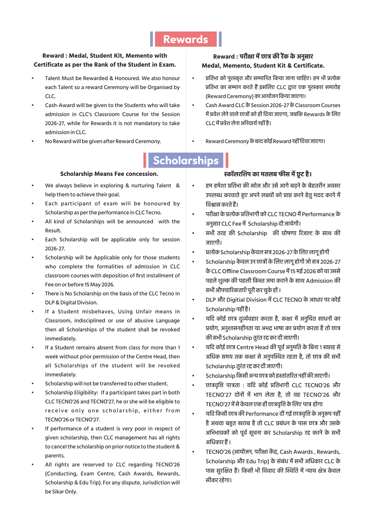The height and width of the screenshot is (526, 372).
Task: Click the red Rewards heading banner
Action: pyautogui.click(x=186, y=39)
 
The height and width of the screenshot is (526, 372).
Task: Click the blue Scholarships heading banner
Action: pyautogui.click(x=186, y=160)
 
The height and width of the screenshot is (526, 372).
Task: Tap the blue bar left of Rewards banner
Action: pyautogui.click(x=152, y=39)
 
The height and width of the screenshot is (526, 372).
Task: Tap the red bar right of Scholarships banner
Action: pyautogui.click(x=227, y=160)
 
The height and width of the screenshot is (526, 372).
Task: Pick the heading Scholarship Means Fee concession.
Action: pyautogui.click(x=109, y=174)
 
